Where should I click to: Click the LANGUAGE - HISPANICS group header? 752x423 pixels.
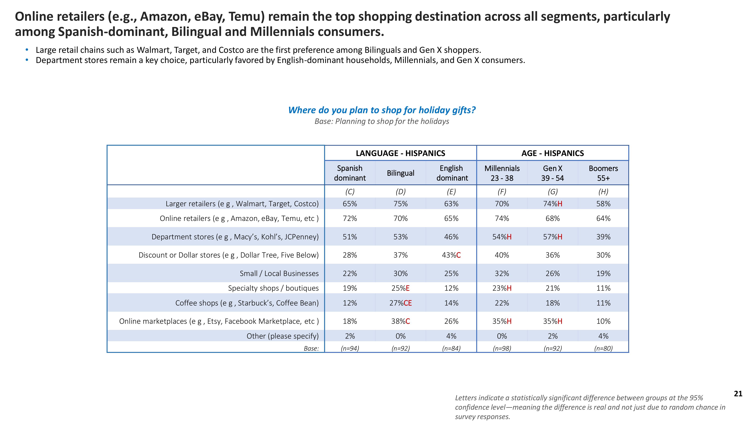(x=400, y=153)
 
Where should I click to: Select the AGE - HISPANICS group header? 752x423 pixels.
(x=552, y=153)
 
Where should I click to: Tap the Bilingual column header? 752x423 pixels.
(x=400, y=173)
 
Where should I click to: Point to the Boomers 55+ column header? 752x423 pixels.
(x=603, y=173)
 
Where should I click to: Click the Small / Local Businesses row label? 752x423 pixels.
(x=279, y=274)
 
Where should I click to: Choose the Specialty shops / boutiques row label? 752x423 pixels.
(x=273, y=288)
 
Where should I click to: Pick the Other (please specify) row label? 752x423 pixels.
(x=282, y=336)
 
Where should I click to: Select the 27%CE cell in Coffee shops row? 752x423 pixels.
(x=400, y=303)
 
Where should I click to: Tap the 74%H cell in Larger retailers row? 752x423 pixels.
(x=552, y=204)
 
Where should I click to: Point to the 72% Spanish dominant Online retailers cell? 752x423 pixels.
(x=349, y=218)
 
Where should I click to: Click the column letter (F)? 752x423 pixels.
(x=502, y=192)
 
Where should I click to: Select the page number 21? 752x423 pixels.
(x=738, y=394)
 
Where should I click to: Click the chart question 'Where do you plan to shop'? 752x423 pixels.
(x=382, y=110)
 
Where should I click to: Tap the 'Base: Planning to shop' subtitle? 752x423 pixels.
(x=382, y=121)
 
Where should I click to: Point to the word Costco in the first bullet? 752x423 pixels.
(x=231, y=50)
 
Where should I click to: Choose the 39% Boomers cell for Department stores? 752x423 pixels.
(x=603, y=237)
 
